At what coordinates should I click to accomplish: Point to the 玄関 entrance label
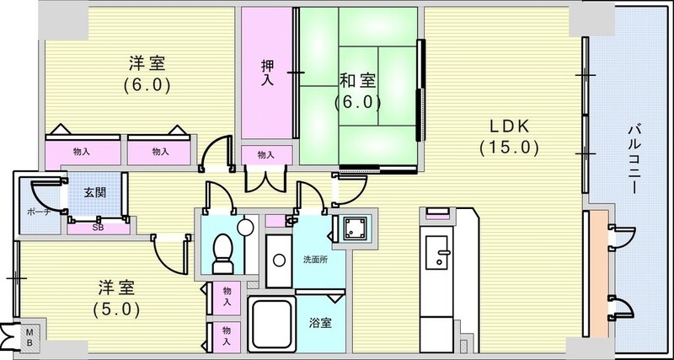click(95, 191)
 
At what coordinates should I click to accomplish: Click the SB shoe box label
click(97, 227)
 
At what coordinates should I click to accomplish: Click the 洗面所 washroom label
click(315, 259)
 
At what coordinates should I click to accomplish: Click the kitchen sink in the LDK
click(438, 252)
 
